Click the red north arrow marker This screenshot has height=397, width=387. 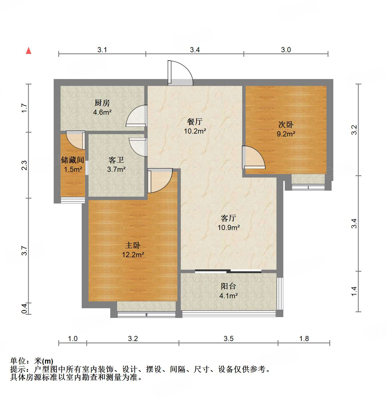29,51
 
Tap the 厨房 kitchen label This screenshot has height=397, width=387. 102,103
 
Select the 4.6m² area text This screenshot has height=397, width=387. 102,112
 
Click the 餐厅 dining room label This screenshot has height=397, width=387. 195,122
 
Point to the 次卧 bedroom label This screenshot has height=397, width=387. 286,125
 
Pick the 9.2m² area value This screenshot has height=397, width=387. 286,134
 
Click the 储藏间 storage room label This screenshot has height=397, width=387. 73,160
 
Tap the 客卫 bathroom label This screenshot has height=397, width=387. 116,160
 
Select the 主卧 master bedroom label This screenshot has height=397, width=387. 133,245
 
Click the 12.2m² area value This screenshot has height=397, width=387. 133,255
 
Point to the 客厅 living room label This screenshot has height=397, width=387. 228,218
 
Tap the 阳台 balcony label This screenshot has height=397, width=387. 228,286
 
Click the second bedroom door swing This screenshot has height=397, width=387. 254,157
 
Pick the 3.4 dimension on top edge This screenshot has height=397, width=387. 195,50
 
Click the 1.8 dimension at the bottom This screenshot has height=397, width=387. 304,338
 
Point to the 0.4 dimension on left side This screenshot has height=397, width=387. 25,309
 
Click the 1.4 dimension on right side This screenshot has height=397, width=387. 354,291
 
